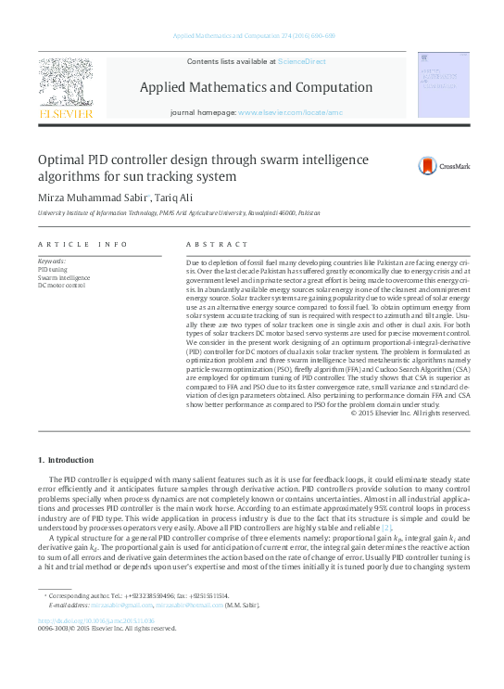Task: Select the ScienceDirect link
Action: [302, 61]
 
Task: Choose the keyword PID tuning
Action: [52, 269]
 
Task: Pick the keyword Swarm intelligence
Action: [63, 277]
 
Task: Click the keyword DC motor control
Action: [61, 286]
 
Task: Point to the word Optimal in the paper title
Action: [64, 160]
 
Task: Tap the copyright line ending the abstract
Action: [410, 413]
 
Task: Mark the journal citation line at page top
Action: [251, 35]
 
